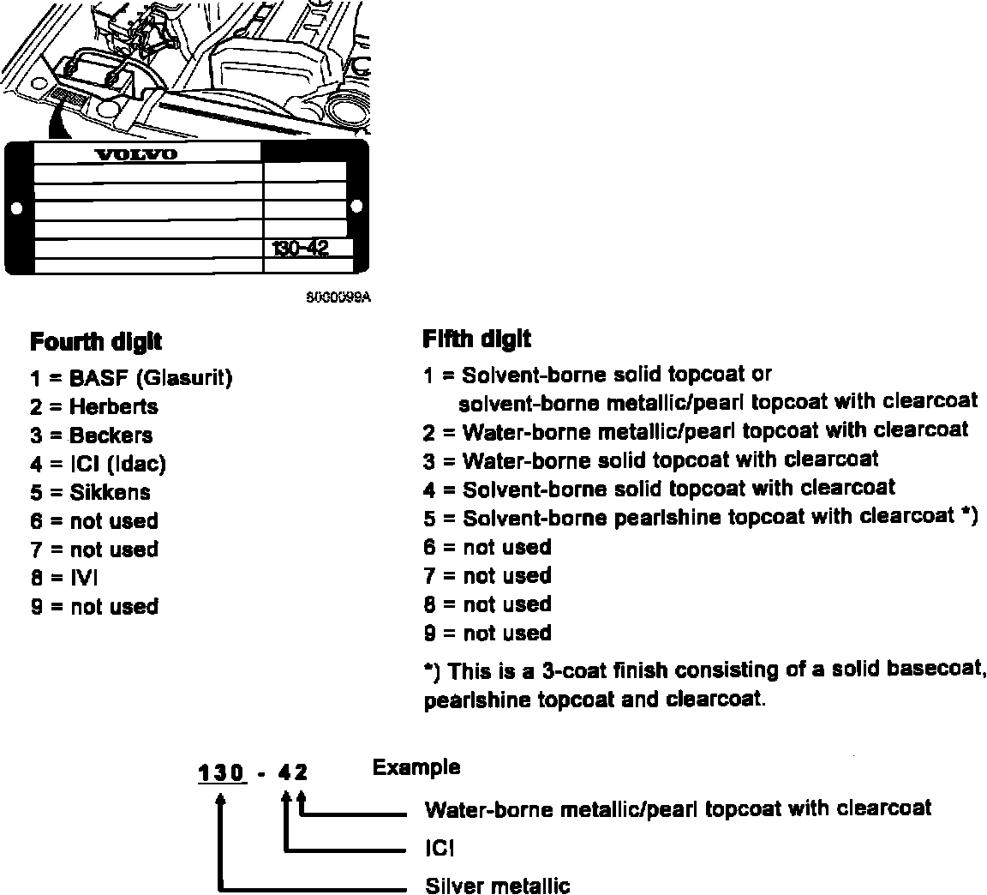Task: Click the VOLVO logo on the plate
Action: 135,154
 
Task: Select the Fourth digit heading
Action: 96,342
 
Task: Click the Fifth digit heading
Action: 476,339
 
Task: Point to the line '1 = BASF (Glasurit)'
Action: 131,377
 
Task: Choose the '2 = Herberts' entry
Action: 94,406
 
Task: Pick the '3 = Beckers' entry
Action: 92,435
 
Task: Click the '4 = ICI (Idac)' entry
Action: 99,464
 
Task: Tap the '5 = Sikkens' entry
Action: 91,492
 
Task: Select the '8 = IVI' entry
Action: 65,578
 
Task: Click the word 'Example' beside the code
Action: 416,767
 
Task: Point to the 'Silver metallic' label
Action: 497,885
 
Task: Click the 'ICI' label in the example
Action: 439,849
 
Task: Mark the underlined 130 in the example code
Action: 222,773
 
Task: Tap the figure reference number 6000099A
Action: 338,297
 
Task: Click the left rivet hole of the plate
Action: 15,207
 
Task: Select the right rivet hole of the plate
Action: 356,206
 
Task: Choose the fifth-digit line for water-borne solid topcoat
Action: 651,460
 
